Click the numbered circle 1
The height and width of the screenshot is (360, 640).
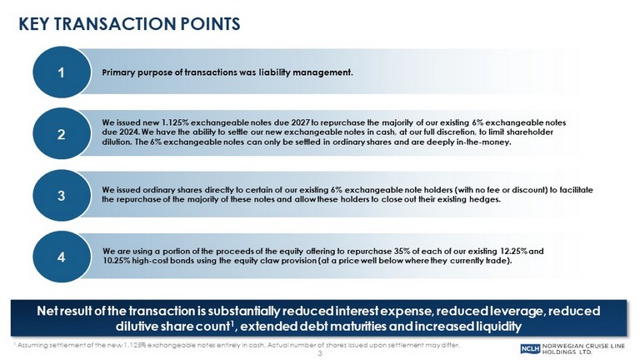coord(62,72)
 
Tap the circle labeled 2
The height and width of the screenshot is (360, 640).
coord(62,134)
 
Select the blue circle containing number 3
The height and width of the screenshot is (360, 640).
coord(62,196)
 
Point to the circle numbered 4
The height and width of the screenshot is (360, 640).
coord(62,257)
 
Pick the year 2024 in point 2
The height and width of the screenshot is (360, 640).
coord(130,132)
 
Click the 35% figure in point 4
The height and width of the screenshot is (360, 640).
coord(402,251)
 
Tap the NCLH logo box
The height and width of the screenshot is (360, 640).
coord(530,348)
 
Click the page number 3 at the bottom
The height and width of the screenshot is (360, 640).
coord(320,353)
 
